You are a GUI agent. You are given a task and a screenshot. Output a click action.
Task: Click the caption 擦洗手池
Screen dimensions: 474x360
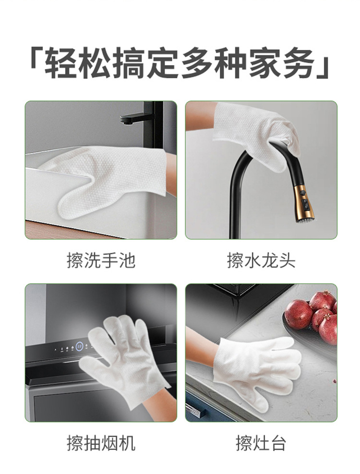tap(101, 261)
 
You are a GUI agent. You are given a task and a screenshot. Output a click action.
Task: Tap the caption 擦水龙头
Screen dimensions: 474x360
tap(261, 261)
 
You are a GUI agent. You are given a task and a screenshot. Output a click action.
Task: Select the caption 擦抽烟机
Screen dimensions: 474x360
tap(101, 443)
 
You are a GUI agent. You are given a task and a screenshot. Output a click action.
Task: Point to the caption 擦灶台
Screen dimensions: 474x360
tap(261, 443)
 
